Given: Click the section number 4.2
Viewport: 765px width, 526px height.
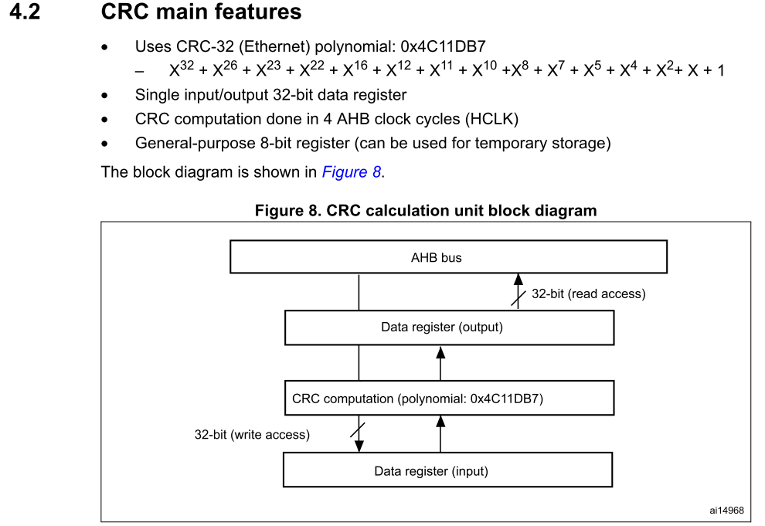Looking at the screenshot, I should pos(25,13).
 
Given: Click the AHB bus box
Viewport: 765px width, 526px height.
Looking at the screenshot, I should pos(448,257).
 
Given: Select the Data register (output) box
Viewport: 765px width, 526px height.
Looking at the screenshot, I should pos(449,327).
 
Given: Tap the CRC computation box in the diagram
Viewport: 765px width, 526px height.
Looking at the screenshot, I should pos(449,399).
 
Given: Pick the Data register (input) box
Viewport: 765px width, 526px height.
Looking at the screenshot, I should pos(447,470).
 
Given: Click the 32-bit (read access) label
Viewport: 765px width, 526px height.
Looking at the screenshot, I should pos(588,294).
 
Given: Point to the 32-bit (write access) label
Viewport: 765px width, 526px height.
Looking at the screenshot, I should pos(252,435).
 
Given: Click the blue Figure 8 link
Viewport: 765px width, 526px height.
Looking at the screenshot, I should pos(351,172).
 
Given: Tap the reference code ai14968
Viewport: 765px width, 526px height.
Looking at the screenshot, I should pos(726,510).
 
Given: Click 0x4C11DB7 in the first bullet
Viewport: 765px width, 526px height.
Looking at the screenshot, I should pos(443,47).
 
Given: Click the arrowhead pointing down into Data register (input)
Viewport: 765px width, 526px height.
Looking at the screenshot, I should pos(359,446).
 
